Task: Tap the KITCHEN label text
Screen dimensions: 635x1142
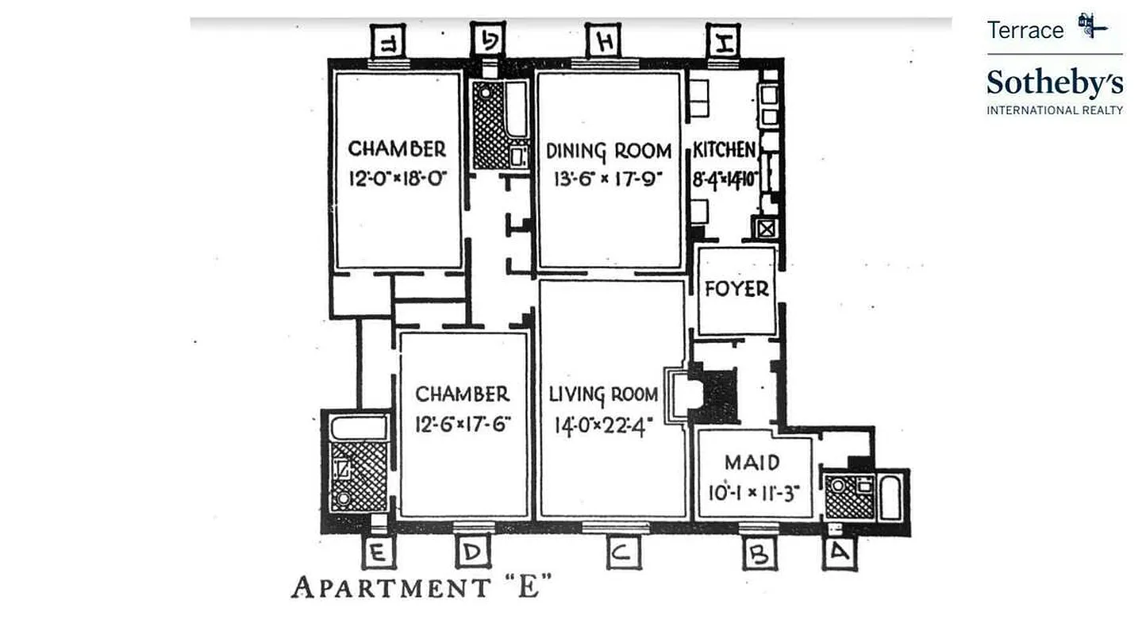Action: [724, 149]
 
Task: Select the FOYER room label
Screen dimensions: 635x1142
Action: [737, 289]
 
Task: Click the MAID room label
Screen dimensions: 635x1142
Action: [752, 463]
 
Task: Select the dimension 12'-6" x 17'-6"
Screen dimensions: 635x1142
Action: [463, 424]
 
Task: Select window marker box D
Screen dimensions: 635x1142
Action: [472, 552]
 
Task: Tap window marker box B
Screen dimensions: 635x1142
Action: [759, 554]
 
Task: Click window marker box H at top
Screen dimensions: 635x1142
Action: [605, 40]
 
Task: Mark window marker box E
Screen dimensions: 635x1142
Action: [378, 552]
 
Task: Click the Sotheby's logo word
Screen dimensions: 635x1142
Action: [1055, 83]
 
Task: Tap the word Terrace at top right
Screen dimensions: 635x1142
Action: [1025, 30]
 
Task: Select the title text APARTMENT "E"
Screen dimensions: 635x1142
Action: [421, 587]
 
